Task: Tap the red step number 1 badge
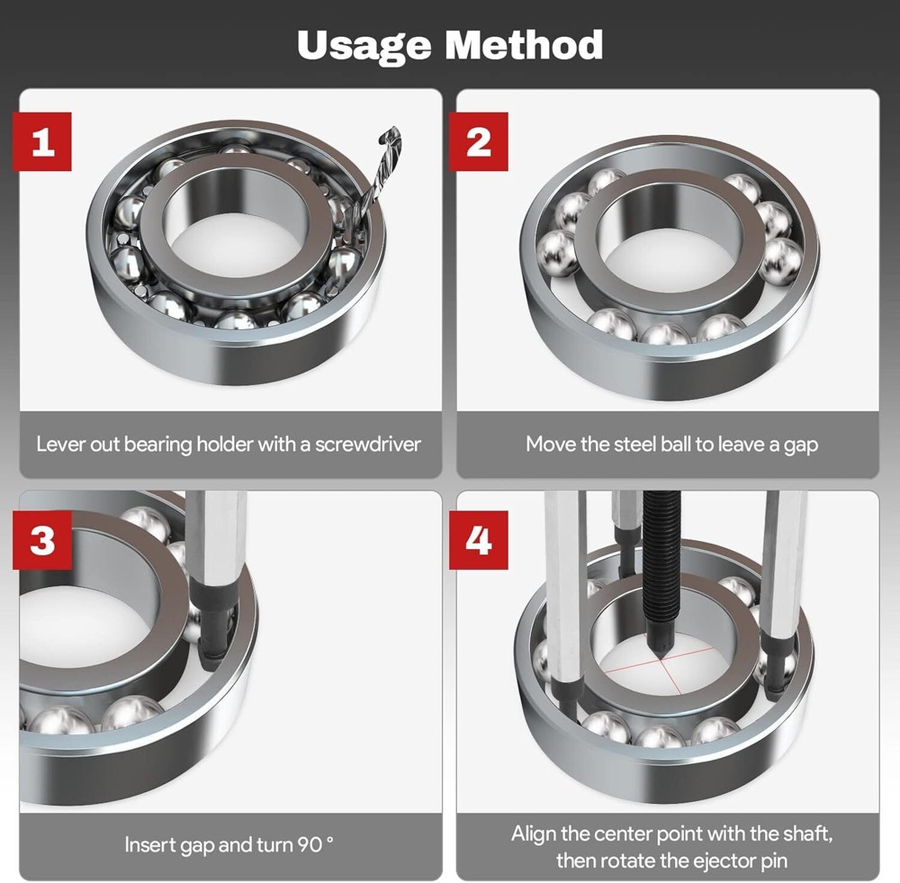(42, 141)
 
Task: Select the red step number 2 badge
(479, 141)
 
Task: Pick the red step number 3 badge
(42, 540)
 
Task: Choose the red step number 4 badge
(479, 540)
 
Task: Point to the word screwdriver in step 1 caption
(367, 444)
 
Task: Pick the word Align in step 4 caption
(533, 833)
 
